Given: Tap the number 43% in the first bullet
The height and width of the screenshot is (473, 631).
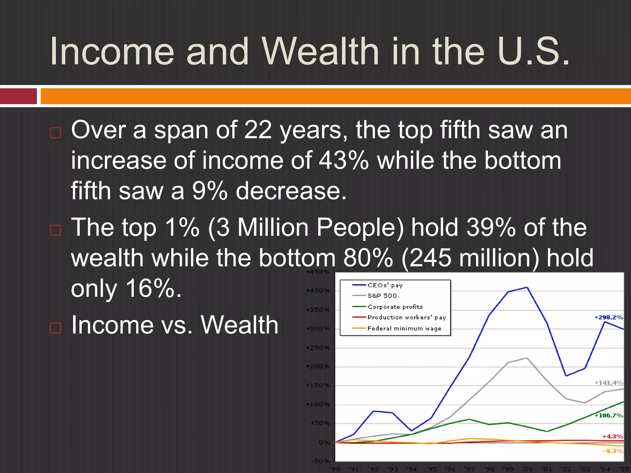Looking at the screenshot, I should click(344, 160).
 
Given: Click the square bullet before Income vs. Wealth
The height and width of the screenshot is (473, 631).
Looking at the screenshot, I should click(55, 328).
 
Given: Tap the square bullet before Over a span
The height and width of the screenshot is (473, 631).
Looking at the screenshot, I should click(55, 133).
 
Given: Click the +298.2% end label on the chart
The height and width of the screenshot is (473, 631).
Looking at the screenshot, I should click(609, 317).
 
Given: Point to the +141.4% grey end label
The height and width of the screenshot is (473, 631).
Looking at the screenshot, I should click(609, 383).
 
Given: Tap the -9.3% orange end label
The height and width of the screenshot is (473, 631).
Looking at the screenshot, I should click(613, 451).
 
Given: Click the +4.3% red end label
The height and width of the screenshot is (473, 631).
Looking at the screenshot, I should click(613, 436).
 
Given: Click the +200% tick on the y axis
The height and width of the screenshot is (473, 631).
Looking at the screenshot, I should click(318, 366).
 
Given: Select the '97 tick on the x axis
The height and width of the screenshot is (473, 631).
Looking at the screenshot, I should click(469, 469).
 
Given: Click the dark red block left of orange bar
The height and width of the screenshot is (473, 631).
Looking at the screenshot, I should click(18, 96).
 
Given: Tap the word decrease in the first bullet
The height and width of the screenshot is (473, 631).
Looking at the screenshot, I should click(291, 191).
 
